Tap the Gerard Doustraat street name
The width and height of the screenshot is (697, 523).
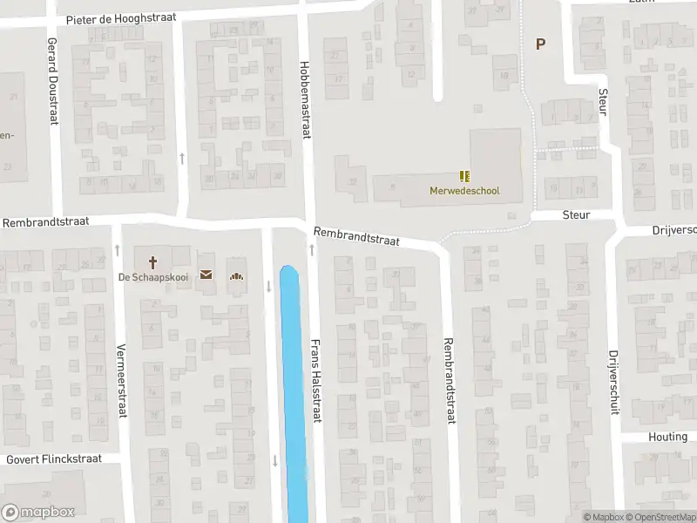tap(52, 80)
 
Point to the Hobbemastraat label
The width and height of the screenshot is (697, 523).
tap(306, 100)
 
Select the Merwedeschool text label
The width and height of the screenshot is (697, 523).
tap(464, 191)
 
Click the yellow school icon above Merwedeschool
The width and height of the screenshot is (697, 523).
tap(464, 176)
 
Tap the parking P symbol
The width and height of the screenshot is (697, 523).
tap(540, 44)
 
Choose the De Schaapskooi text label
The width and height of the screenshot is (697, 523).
tap(152, 278)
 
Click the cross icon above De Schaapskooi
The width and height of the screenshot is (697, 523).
tap(152, 261)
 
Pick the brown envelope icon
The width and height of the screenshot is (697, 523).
tap(206, 275)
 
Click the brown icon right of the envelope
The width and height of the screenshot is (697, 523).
tap(235, 276)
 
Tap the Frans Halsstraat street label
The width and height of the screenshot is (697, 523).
tap(316, 380)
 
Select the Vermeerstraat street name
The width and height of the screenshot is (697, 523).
tap(121, 380)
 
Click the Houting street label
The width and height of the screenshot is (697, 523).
tap(668, 437)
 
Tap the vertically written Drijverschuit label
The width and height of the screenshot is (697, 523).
tap(613, 382)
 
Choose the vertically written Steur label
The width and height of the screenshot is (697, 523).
tap(602, 101)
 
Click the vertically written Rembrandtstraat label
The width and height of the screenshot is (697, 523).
tap(450, 380)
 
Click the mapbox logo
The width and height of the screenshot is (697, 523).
tap(38, 512)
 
